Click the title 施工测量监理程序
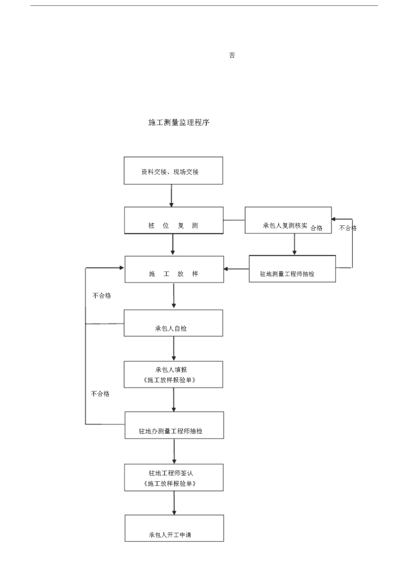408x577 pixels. tap(178, 122)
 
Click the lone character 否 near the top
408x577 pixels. tap(232, 55)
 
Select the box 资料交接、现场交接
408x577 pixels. tap(173, 170)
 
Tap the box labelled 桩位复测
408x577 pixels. tap(174, 220)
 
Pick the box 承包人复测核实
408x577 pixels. tap(288, 220)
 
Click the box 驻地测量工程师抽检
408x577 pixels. tap(292, 269)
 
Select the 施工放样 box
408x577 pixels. tap(174, 269)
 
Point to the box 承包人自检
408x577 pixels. tap(173, 323)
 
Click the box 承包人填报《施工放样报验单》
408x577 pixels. tap(173, 374)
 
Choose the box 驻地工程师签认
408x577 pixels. tap(174, 477)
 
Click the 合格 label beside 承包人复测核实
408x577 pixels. tap(316, 228)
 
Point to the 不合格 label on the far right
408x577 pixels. tap(348, 228)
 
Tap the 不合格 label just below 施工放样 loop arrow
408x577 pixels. tap(102, 295)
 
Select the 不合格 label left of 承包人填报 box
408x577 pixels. tap(100, 393)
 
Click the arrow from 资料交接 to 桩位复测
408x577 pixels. tap(171, 196)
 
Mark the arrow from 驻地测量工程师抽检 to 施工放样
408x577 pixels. tap(236, 269)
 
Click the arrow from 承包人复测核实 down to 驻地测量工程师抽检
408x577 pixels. tap(294, 244)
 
